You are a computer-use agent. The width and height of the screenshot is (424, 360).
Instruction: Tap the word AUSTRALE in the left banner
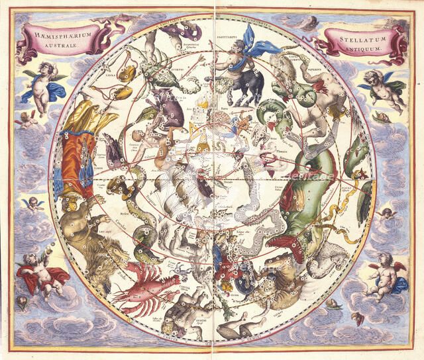point(62,45)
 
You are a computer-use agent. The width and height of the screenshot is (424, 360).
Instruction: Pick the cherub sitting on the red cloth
point(41,271)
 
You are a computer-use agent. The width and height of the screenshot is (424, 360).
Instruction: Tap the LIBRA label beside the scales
point(107,77)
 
